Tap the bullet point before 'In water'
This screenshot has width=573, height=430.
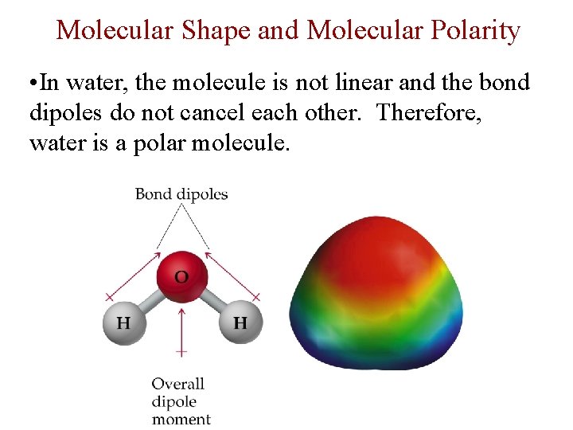32,84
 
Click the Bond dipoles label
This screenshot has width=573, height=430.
181,193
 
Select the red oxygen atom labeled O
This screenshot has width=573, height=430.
181,277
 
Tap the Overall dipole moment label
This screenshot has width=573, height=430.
179,401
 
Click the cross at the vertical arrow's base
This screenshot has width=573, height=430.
181,350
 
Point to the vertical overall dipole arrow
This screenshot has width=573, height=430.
181,326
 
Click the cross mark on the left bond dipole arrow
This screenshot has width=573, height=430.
110,296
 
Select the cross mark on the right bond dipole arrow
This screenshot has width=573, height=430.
256,296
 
